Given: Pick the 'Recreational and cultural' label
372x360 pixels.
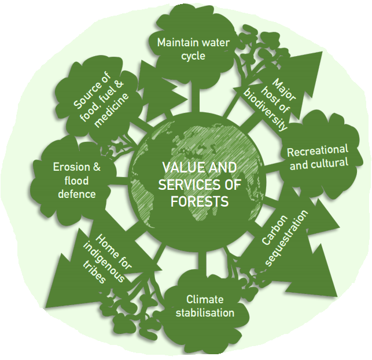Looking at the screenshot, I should click(318, 158).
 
